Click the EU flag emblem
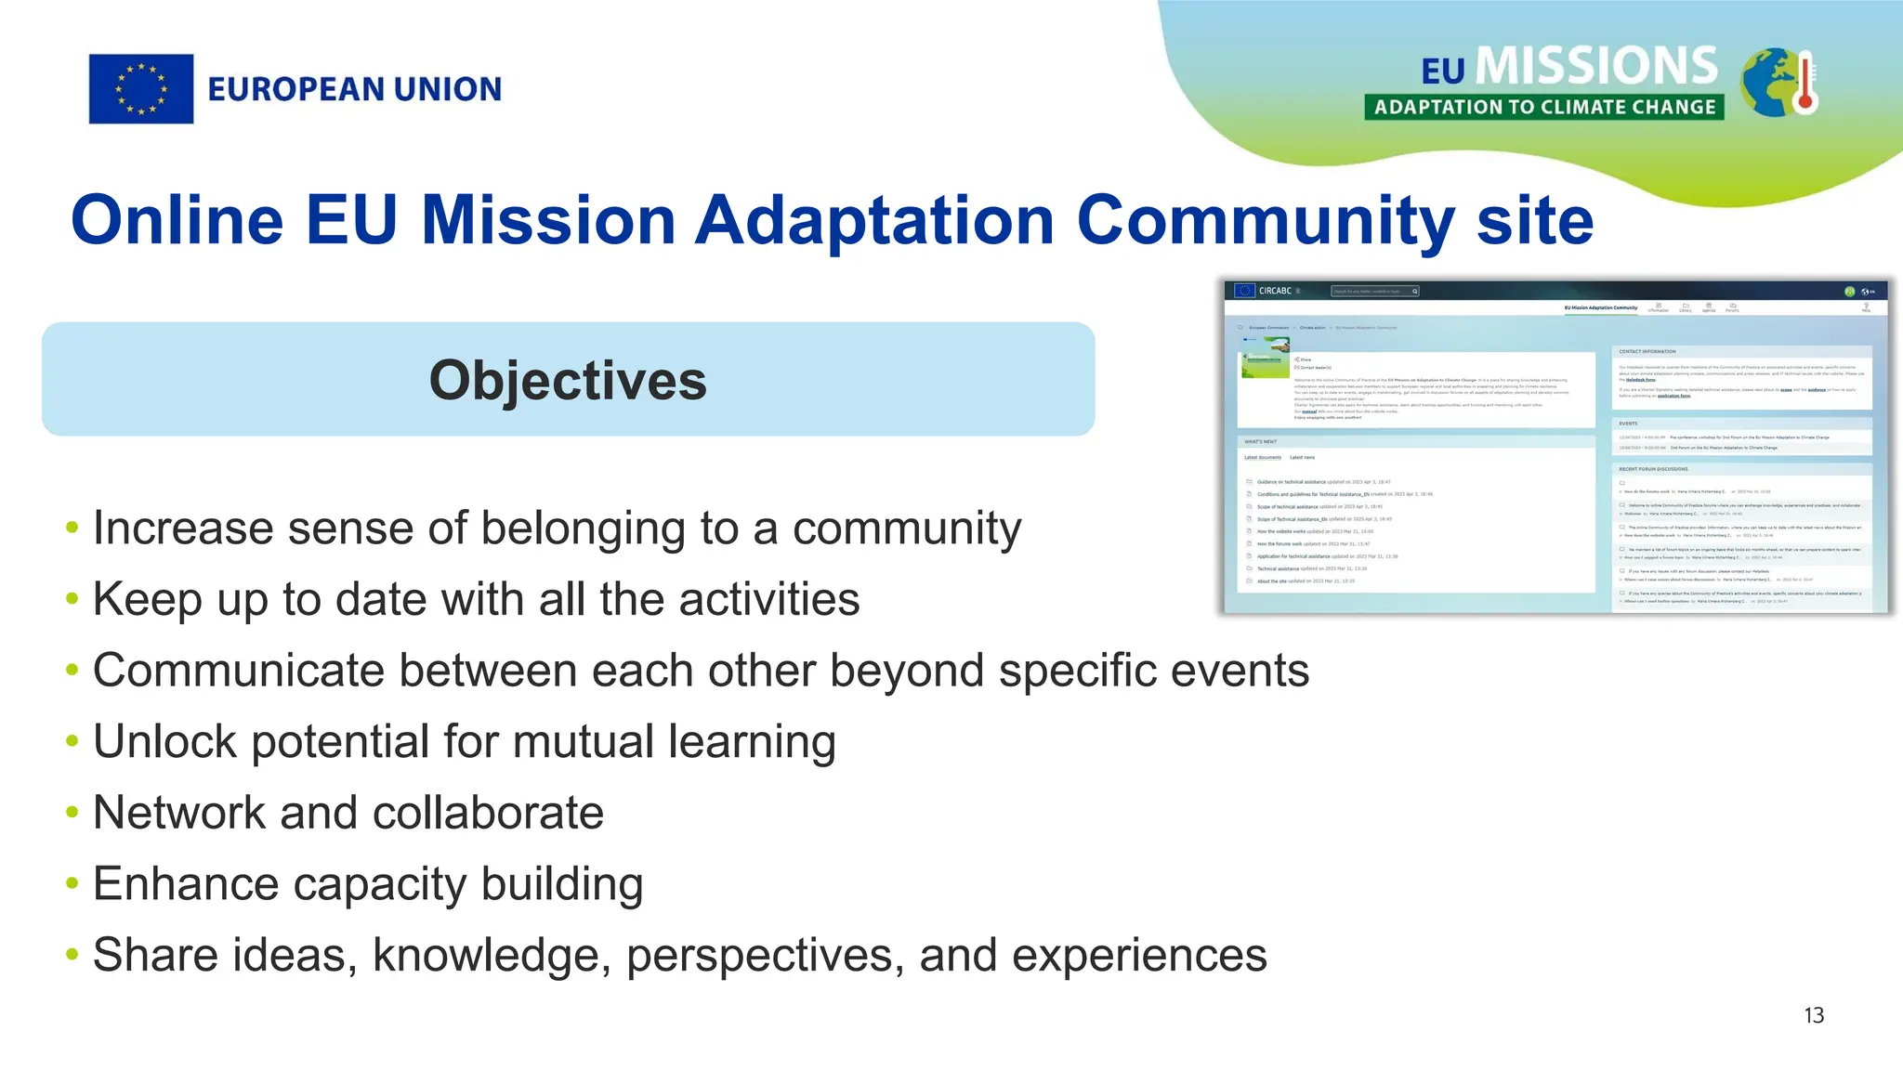click(x=141, y=89)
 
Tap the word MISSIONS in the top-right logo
click(x=1596, y=67)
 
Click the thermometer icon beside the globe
click(x=1805, y=84)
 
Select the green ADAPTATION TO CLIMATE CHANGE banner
click(x=1544, y=107)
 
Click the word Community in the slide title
click(x=1266, y=221)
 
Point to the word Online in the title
click(x=177, y=221)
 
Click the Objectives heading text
click(x=568, y=381)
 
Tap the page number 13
click(x=1814, y=1015)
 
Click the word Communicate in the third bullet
click(x=238, y=671)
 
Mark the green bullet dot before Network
click(x=72, y=813)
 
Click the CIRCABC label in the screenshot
click(x=1275, y=291)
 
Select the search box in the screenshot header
click(x=1373, y=291)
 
